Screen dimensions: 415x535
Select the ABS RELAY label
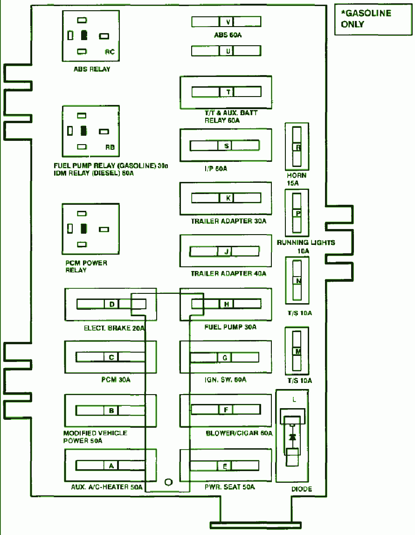click(x=92, y=69)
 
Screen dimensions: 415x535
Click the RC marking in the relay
click(x=110, y=52)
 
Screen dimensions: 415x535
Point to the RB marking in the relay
click(x=110, y=147)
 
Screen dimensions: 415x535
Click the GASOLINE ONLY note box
click(x=373, y=19)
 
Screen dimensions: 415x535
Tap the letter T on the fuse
click(x=228, y=92)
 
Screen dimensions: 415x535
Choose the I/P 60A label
click(x=216, y=168)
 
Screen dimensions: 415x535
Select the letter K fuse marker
click(x=228, y=198)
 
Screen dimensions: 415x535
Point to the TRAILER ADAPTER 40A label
click(x=228, y=274)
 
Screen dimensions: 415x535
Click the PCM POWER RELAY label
click(x=86, y=266)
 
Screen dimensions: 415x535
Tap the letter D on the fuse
click(x=112, y=304)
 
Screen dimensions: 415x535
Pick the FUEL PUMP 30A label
click(x=230, y=327)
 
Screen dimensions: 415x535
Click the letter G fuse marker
click(x=225, y=358)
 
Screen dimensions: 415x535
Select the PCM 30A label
click(x=116, y=380)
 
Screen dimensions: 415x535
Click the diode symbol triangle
click(x=292, y=437)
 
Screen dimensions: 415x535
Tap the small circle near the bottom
click(x=168, y=482)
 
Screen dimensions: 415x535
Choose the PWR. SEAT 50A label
click(x=230, y=487)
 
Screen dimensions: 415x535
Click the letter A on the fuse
click(x=111, y=466)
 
